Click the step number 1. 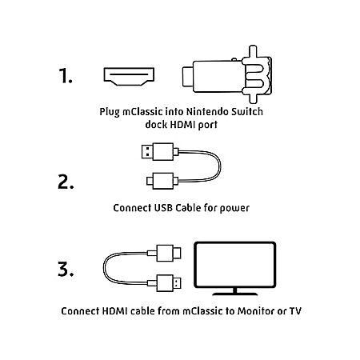point(66,75)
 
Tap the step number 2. point(66,182)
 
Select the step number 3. point(66,269)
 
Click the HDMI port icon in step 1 point(129,77)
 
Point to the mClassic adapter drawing point(227,74)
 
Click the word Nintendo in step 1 point(207,111)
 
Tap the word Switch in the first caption point(247,111)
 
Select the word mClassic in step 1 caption point(142,112)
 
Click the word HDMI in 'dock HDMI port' point(182,125)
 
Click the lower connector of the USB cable point(162,181)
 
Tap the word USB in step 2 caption point(163,208)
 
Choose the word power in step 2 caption point(234,209)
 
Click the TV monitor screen point(234,265)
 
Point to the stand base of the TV point(235,294)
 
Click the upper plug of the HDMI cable point(165,253)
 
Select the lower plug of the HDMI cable point(165,283)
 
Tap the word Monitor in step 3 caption point(256,311)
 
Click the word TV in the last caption point(295,311)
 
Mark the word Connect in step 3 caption point(80,311)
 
